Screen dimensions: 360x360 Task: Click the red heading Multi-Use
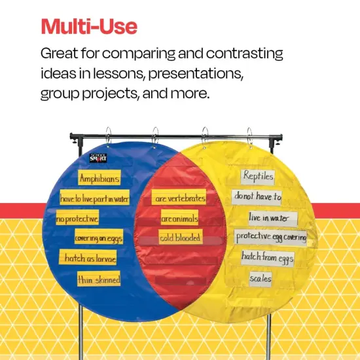[x=89, y=27]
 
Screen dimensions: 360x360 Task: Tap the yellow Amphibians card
[x=99, y=178]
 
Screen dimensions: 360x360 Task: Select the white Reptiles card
[x=258, y=176]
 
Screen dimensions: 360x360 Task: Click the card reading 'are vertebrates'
[x=179, y=197]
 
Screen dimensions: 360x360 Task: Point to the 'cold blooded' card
[x=180, y=238]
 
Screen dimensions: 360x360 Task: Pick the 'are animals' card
[x=179, y=217]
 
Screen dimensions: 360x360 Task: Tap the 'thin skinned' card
[x=99, y=279]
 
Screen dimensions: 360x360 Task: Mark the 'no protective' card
[x=78, y=218]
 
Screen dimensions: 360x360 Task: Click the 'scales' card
[x=260, y=278]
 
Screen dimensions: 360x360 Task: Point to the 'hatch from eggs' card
[x=267, y=257]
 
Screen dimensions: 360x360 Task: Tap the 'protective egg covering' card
[x=270, y=237]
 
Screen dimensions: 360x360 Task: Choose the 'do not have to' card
[x=257, y=196]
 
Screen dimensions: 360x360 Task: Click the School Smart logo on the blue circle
[x=99, y=157]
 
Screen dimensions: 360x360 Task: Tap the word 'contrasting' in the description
[x=236, y=53]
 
